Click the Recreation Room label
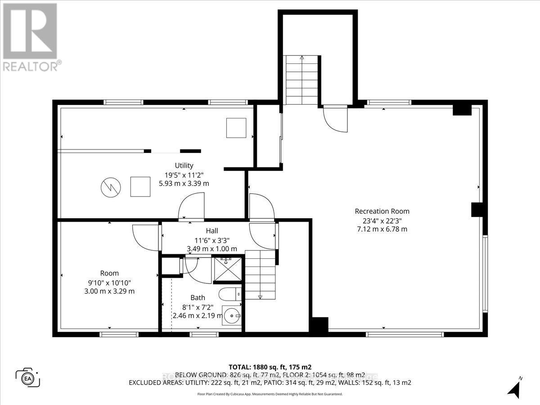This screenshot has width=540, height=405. (382, 211)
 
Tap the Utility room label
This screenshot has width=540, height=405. (184, 166)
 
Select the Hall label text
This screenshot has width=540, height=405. (212, 231)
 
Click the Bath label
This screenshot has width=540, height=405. (198, 297)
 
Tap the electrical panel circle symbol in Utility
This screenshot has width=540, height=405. (110, 187)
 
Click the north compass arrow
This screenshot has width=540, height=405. (513, 388)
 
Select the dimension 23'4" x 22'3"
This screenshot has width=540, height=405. (382, 220)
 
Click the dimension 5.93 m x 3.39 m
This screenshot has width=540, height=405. (184, 183)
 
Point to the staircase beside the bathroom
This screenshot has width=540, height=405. (260, 274)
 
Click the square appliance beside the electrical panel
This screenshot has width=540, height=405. (140, 187)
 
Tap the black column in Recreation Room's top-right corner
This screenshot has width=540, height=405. (461, 109)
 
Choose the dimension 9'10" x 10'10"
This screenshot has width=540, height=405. (109, 282)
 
